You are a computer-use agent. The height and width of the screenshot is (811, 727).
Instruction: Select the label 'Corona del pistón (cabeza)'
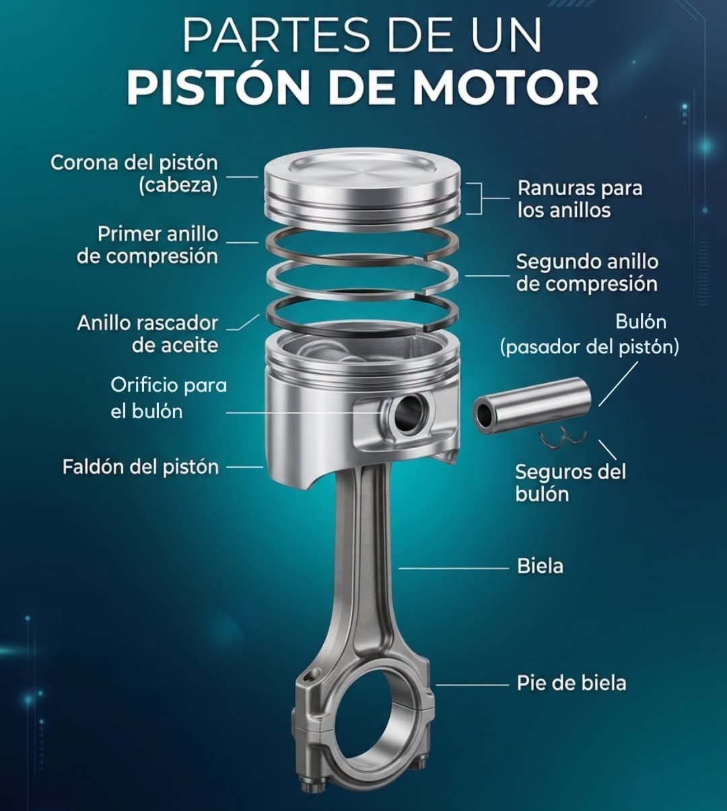134,174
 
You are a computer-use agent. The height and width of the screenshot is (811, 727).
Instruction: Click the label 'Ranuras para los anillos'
580,199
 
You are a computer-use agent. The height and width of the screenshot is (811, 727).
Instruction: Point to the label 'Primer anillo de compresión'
147,245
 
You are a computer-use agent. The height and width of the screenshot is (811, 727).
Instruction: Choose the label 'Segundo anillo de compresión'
587,273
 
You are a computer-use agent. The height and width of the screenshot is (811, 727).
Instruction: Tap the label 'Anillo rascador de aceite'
147,334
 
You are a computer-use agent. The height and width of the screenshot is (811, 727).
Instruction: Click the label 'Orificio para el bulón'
168,398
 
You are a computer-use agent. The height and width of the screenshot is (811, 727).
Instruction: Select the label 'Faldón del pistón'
141,466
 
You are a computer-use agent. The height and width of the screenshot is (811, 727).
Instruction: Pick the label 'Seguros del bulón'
570,483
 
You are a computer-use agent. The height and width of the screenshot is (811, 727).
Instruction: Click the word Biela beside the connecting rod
540,566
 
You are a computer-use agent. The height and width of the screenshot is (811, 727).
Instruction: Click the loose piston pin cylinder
532,406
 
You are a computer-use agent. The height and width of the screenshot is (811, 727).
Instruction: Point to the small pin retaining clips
563,439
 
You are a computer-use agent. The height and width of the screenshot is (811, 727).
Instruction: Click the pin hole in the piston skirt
411,413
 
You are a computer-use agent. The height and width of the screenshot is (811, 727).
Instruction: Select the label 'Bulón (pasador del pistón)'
589,334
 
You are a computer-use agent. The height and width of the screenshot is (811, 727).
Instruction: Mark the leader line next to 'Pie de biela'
473,684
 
